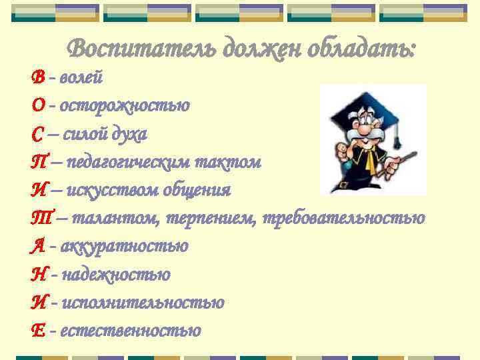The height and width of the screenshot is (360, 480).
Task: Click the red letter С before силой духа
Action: click(37, 135)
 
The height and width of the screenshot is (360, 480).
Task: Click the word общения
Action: click(203, 191)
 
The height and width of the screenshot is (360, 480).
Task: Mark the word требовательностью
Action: click(344, 219)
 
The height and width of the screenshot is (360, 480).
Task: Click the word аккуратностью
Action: click(124, 247)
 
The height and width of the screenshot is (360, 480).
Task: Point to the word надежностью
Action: click(116, 275)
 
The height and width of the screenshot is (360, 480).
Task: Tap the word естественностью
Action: click(130, 331)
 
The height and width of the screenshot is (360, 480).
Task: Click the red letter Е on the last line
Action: click(37, 331)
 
